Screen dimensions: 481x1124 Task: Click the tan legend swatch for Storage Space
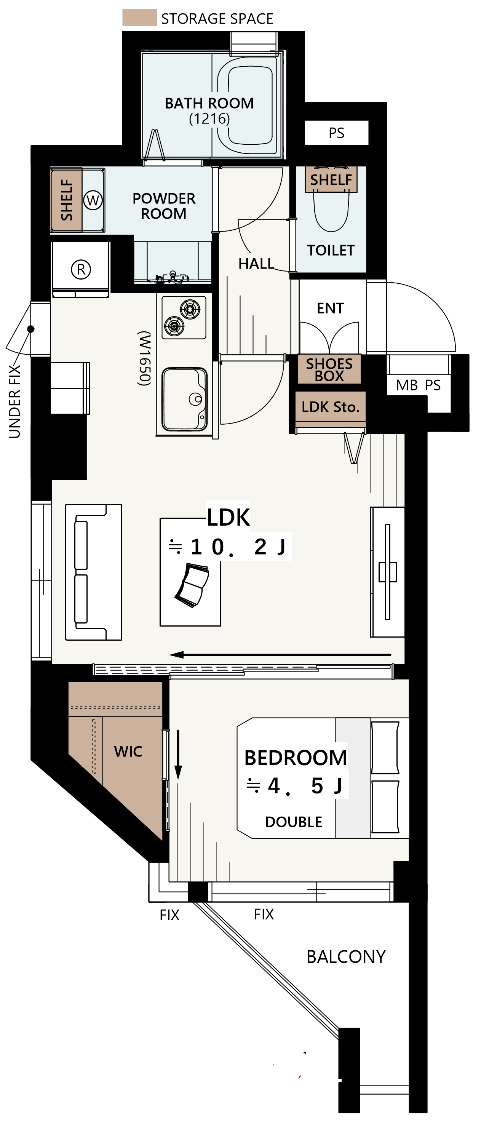(x=139, y=18)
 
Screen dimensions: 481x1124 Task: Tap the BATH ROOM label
(x=209, y=104)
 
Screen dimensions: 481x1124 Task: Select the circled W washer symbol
(x=93, y=200)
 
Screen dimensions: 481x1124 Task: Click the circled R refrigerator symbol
(x=81, y=269)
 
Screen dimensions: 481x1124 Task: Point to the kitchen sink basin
(x=184, y=399)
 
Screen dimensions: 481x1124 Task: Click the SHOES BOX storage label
(x=329, y=369)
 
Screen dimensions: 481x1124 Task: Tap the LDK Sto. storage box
(x=330, y=407)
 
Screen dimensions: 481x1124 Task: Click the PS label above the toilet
(x=337, y=133)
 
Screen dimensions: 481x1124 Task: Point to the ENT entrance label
(x=330, y=308)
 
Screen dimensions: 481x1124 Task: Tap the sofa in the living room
(x=93, y=572)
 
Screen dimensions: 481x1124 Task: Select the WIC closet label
(x=128, y=751)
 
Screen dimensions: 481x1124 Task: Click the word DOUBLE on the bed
(x=294, y=822)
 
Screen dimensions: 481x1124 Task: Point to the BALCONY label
(x=346, y=957)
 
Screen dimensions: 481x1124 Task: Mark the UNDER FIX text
(x=14, y=401)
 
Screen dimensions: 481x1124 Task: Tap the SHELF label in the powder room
(x=67, y=200)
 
